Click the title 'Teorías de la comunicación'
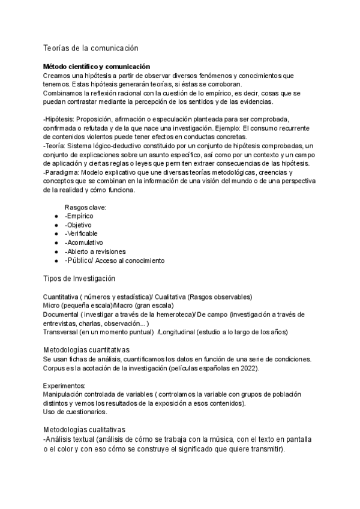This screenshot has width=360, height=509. point(91,47)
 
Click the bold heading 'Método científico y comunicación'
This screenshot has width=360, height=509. point(96,66)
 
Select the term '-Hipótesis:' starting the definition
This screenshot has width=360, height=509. point(59,119)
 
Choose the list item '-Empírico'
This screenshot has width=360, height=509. point(79,215)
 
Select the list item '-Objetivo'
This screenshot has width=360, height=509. point(79,224)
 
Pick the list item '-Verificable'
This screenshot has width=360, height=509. point(81,233)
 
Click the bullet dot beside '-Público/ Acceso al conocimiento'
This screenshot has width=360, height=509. point(56,261)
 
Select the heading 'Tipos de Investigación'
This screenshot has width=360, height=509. point(79,279)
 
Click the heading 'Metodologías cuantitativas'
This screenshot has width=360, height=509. point(86,350)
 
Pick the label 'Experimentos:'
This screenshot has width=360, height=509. point(64,385)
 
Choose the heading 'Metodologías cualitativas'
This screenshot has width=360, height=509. point(84,430)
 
